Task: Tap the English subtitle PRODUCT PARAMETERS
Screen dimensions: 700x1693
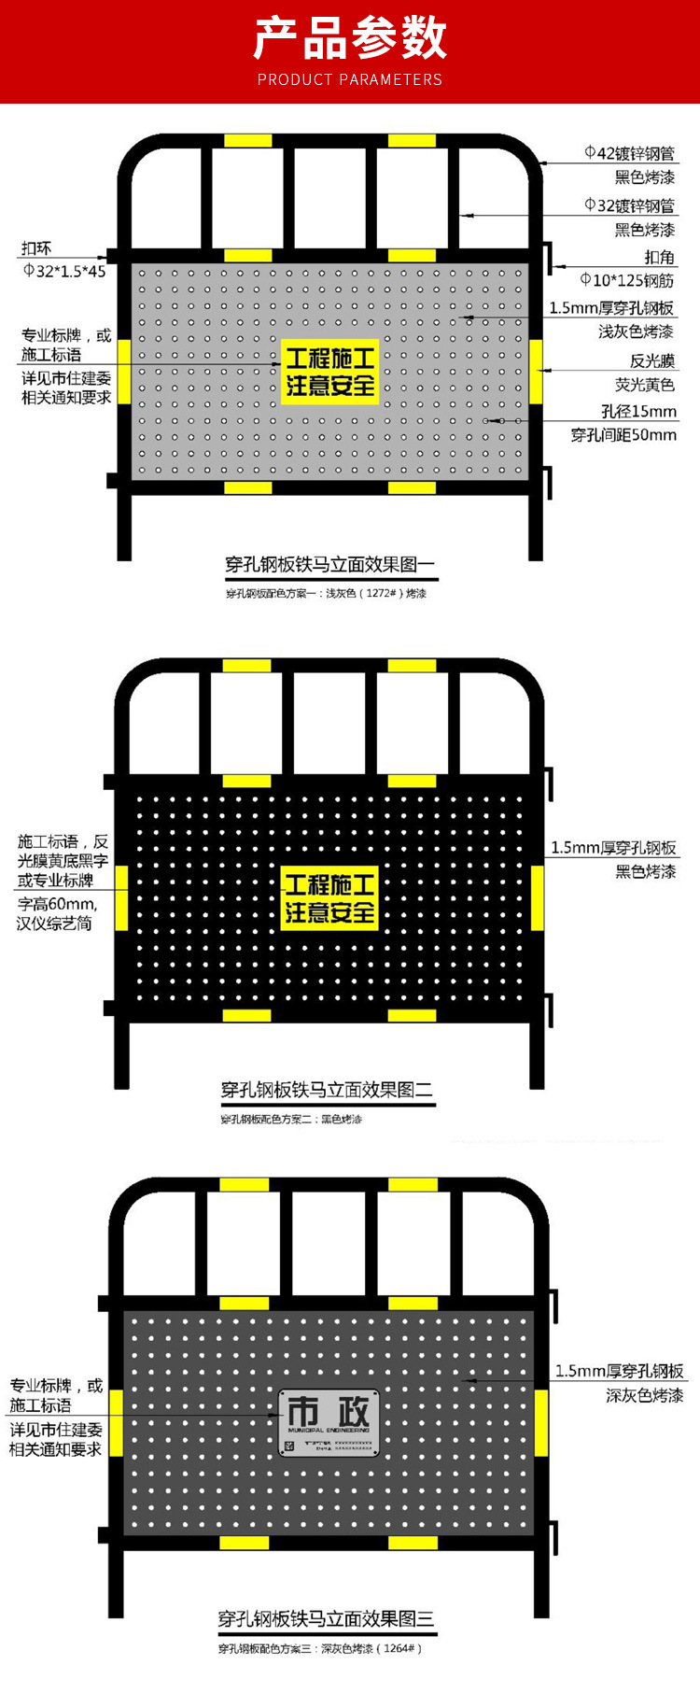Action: click(350, 80)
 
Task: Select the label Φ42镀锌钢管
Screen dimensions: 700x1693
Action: click(629, 153)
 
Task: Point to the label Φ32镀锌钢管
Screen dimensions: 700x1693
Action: click(629, 205)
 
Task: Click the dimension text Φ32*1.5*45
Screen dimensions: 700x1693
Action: click(64, 271)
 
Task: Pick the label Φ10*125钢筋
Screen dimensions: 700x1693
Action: click(626, 280)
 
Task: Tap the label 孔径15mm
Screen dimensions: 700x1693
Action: click(638, 411)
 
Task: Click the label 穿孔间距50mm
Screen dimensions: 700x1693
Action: click(623, 434)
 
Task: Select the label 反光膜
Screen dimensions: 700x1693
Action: click(651, 360)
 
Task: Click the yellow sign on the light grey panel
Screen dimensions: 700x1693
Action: click(330, 372)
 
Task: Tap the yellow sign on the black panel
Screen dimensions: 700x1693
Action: click(329, 898)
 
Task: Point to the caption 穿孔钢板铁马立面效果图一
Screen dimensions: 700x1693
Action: click(330, 564)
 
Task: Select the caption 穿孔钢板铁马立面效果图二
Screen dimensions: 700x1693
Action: click(327, 1090)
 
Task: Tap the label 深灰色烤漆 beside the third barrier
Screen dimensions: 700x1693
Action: click(644, 1395)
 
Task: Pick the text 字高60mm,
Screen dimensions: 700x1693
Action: click(56, 904)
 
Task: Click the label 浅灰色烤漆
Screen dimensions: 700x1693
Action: click(636, 332)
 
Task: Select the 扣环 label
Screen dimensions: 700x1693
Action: click(36, 248)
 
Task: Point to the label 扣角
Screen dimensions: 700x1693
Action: click(659, 257)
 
